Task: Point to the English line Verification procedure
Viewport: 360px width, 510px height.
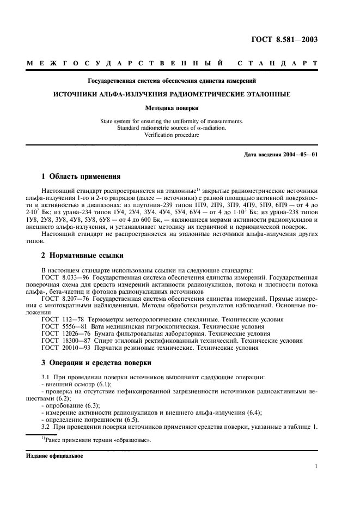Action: [172, 135]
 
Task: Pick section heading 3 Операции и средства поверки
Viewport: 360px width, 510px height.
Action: [96, 362]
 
